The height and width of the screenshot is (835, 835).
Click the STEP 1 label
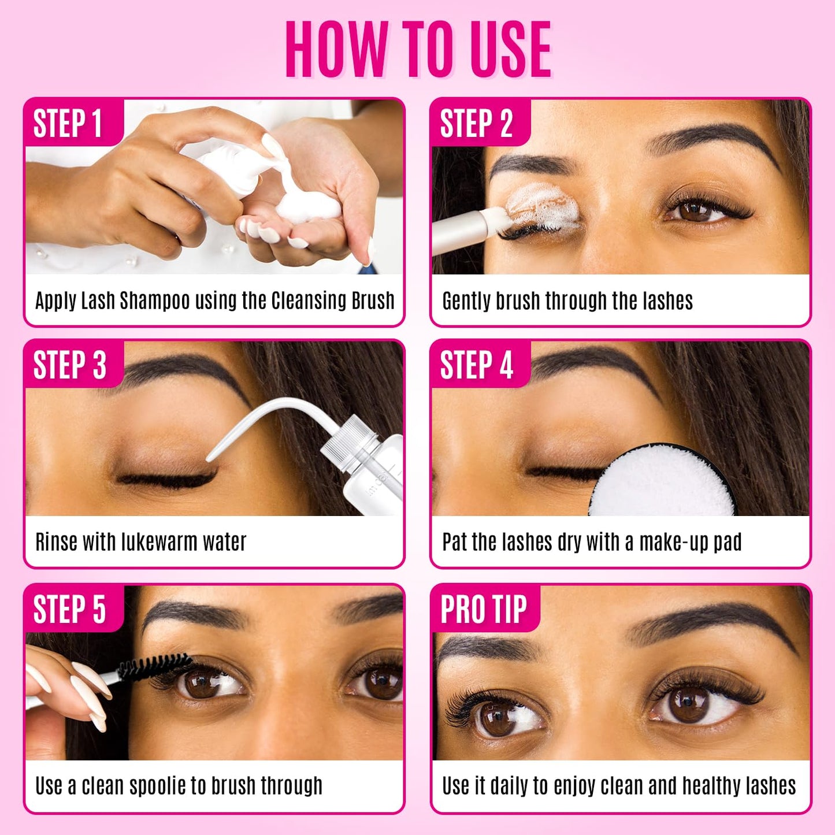68,124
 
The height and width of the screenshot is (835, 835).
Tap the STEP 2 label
476,124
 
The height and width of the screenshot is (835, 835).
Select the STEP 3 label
69,365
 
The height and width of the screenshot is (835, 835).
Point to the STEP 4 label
476,365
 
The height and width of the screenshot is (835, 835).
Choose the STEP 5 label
69,610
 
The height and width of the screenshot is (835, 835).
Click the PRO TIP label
484,610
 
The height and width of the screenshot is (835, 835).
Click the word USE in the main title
510,50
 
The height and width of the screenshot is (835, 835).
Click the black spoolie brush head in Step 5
153,667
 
